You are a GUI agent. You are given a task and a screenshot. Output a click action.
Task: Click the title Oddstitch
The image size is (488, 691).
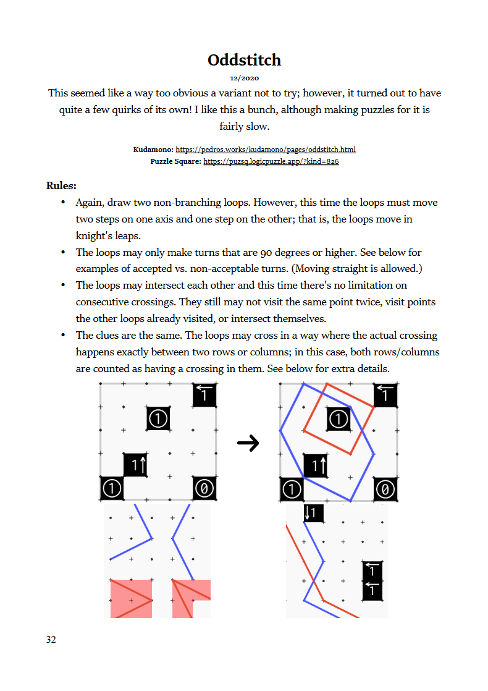point(244,60)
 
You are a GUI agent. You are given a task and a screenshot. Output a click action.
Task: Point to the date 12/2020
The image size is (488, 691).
point(244,78)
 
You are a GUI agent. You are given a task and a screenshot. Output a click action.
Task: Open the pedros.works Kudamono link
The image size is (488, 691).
point(266,150)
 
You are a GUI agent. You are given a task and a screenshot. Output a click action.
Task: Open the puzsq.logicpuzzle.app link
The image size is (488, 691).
point(271,161)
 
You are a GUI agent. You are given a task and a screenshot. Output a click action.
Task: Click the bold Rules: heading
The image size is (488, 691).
point(61,185)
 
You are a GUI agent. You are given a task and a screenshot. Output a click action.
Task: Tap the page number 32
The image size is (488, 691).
point(51,640)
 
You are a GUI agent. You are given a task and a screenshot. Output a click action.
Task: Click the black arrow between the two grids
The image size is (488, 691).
point(248,443)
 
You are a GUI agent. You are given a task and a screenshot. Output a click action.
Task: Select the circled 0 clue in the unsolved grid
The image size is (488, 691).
point(204,488)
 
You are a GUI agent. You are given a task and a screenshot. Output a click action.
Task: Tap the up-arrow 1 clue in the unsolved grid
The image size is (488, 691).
point(135,465)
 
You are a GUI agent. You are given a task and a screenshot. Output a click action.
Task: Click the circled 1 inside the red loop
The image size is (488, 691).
point(339,420)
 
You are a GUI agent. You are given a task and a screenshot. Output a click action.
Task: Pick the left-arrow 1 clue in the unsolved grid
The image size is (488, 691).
point(204,394)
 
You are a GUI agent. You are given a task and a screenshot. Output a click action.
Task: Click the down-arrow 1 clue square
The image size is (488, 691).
point(314,512)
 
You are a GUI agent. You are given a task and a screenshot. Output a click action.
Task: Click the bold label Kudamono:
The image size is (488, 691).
point(153,150)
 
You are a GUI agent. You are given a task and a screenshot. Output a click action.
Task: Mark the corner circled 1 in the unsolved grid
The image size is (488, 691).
point(112,488)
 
